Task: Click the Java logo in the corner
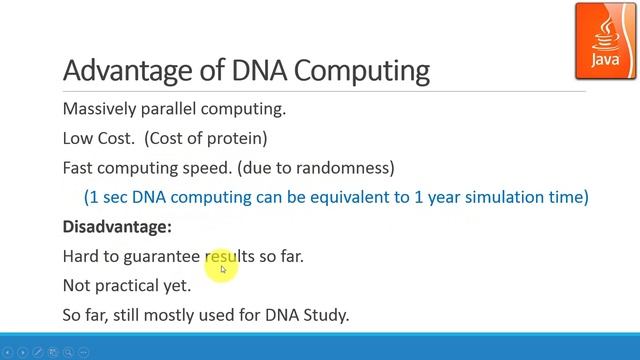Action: point(604,39)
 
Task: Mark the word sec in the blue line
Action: point(112,197)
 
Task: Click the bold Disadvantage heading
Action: point(117,227)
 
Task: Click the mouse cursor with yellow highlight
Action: point(223,267)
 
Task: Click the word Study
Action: point(326,315)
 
